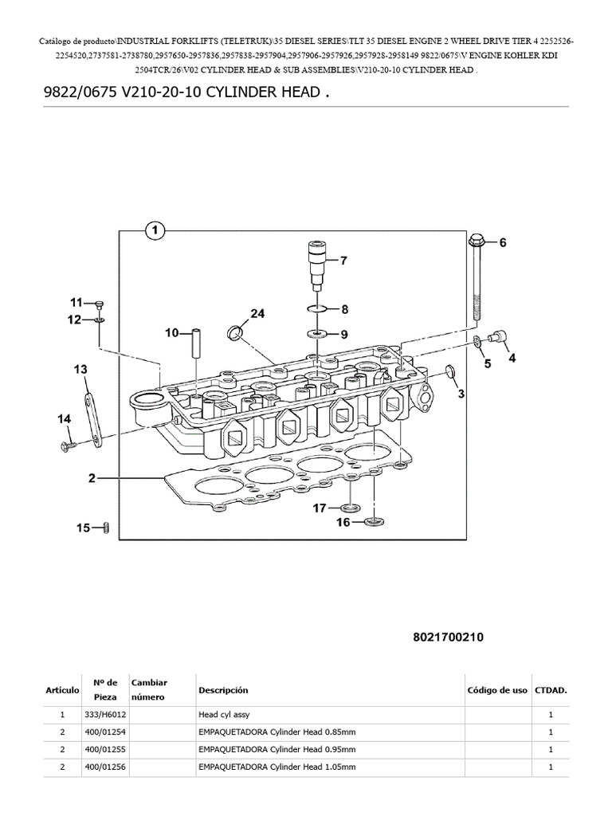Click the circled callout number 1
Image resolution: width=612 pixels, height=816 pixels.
[x=154, y=231]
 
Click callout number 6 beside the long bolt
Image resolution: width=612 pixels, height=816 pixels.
[x=502, y=244]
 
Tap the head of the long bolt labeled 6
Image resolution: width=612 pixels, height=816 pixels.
[x=477, y=241]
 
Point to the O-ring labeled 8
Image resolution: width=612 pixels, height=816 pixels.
[x=317, y=309]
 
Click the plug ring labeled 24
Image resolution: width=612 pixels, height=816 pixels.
[x=236, y=331]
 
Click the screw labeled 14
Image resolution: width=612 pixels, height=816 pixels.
[x=67, y=445]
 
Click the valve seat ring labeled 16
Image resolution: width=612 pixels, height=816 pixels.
[x=372, y=522]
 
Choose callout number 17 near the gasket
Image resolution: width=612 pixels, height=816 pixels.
[x=319, y=508]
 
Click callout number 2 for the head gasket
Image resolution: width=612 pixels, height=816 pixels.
[x=92, y=478]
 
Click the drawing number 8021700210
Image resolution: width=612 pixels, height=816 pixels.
[x=449, y=637]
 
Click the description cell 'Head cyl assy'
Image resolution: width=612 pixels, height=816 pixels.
[x=224, y=715]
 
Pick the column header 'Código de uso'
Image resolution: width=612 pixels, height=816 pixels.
[x=496, y=690]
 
